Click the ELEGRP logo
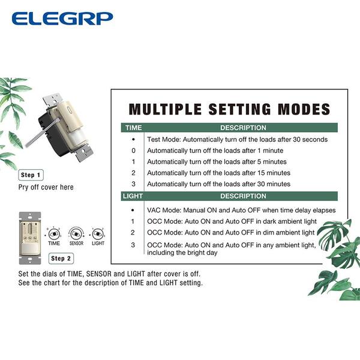pyautogui.click(x=62, y=19)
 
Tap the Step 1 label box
pyautogui.click(x=31, y=175)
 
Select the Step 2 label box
pyautogui.click(x=61, y=259)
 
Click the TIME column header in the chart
pyautogui.click(x=134, y=128)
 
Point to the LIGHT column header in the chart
pyautogui.click(x=133, y=196)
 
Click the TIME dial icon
pyautogui.click(x=54, y=234)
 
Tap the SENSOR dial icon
pyautogui.click(x=76, y=234)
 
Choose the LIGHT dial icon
pyautogui.click(x=98, y=234)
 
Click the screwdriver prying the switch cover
pyautogui.click(x=43, y=132)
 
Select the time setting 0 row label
pyautogui.click(x=133, y=151)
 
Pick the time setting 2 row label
pyautogui.click(x=133, y=173)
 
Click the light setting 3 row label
pyautogui.click(x=133, y=245)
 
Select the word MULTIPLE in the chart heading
pyautogui.click(x=166, y=109)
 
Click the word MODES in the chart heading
pyautogui.click(x=304, y=109)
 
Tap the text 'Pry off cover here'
pyautogui.click(x=46, y=187)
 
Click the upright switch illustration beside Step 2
pyautogui.click(x=30, y=238)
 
